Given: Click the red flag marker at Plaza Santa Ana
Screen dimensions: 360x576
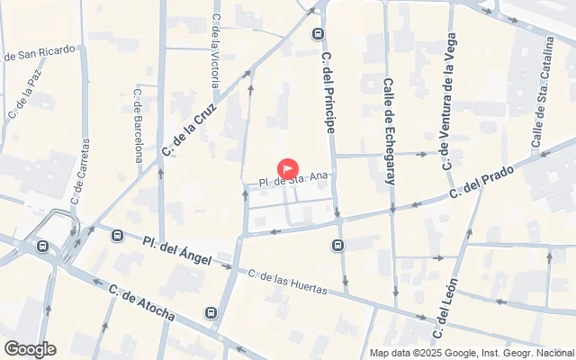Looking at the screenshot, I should (287, 168).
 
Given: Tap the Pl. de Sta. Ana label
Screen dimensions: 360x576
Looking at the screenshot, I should (291, 180).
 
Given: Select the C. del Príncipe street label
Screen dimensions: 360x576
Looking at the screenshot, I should (328, 93).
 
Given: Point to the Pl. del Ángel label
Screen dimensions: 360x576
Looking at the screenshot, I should (176, 248).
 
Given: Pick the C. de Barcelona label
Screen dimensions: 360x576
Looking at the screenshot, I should (139, 124).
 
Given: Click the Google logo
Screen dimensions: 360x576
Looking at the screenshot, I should (30, 349).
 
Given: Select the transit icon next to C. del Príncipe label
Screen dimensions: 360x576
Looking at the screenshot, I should (317, 34).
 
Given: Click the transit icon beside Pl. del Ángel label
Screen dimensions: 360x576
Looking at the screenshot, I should (117, 236).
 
